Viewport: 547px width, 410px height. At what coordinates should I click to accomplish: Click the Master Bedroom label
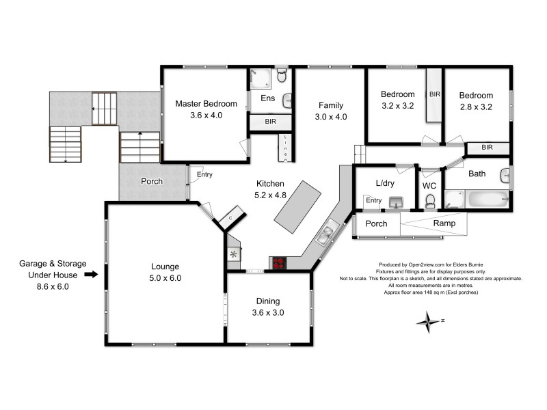(206, 104)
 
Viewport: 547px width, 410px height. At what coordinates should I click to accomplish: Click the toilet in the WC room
(430, 201)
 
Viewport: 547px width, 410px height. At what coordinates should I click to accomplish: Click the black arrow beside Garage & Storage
(90, 275)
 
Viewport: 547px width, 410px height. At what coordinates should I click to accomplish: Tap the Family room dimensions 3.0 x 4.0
(330, 117)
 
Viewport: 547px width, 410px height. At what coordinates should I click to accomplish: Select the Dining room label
(267, 301)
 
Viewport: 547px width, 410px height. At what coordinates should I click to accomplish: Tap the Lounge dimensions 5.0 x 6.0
(165, 278)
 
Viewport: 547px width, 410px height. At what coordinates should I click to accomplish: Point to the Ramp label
(445, 223)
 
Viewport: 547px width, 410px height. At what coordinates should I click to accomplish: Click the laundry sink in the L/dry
(396, 202)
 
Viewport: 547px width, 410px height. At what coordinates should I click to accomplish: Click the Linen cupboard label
(286, 148)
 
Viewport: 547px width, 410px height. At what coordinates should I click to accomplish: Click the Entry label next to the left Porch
(204, 174)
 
